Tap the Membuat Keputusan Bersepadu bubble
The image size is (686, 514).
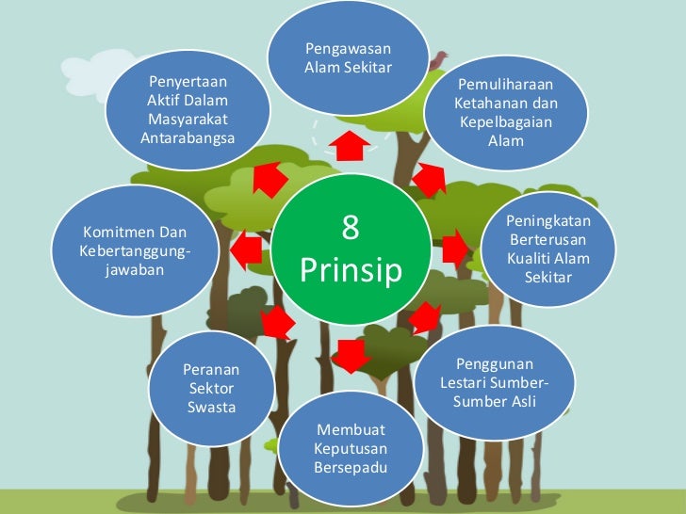(x=351, y=448)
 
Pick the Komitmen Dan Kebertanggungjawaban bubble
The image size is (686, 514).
(x=134, y=250)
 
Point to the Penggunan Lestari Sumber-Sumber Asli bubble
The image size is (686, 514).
(x=494, y=382)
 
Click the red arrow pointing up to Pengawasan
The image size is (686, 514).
(x=350, y=146)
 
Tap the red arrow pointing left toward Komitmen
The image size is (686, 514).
(x=247, y=250)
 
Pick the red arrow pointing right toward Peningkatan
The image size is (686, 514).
(x=454, y=249)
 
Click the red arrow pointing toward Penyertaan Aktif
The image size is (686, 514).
(x=270, y=179)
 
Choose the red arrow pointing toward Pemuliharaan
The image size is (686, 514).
(x=429, y=179)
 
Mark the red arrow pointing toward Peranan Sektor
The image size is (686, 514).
(x=277, y=323)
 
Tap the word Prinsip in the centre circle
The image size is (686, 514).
(x=351, y=271)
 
